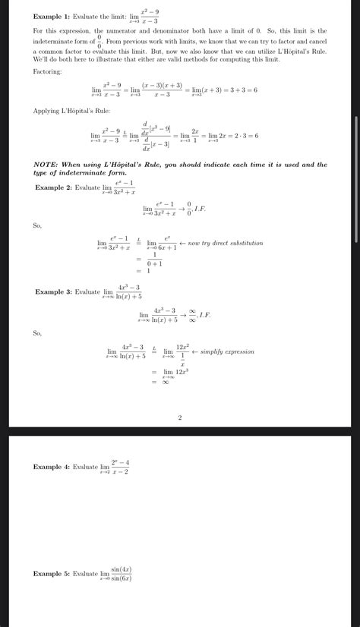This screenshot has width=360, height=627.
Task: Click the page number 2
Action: [x=180, y=417]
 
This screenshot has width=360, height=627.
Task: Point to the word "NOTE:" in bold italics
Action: [x=48, y=164]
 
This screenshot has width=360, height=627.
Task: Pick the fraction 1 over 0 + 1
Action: [x=156, y=259]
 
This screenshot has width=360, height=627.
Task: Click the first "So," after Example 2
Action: [x=37, y=225]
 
